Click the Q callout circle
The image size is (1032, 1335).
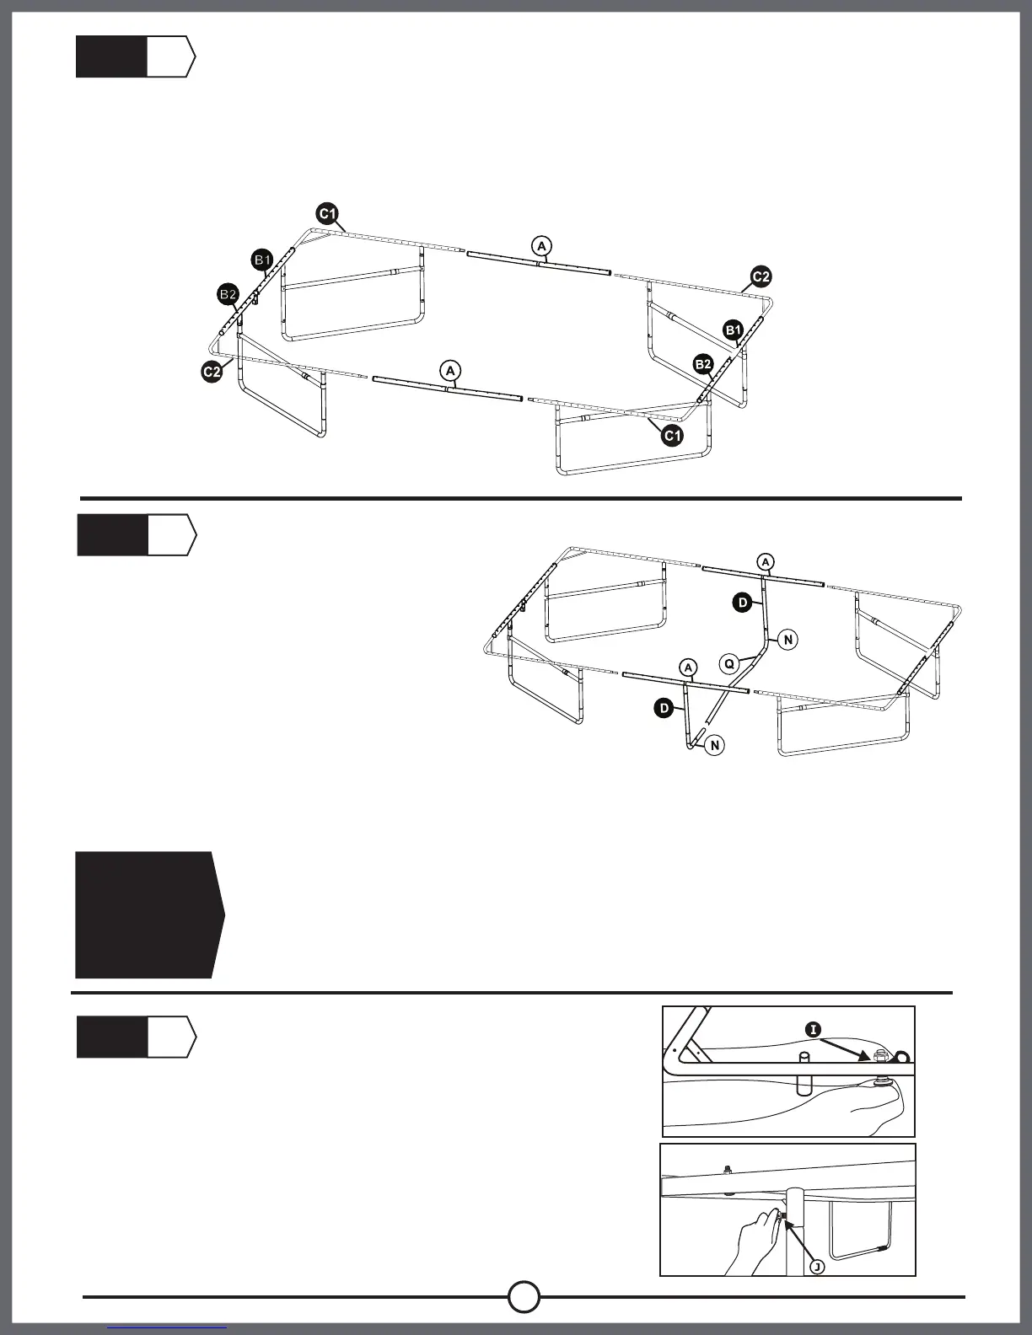click(730, 663)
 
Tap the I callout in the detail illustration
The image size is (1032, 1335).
click(813, 1029)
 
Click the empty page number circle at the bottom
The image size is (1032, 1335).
click(524, 1297)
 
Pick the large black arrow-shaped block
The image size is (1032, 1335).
click(148, 914)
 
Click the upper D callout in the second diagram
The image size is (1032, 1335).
click(742, 602)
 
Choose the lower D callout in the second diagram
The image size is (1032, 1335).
click(664, 708)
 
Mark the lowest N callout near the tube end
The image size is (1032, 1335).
click(715, 745)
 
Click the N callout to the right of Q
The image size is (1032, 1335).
click(787, 640)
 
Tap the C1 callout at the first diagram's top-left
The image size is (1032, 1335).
click(328, 213)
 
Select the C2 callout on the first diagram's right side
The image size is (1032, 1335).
click(761, 276)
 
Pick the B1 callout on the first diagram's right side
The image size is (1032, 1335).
click(733, 330)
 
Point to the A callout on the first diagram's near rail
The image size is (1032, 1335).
click(450, 370)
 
